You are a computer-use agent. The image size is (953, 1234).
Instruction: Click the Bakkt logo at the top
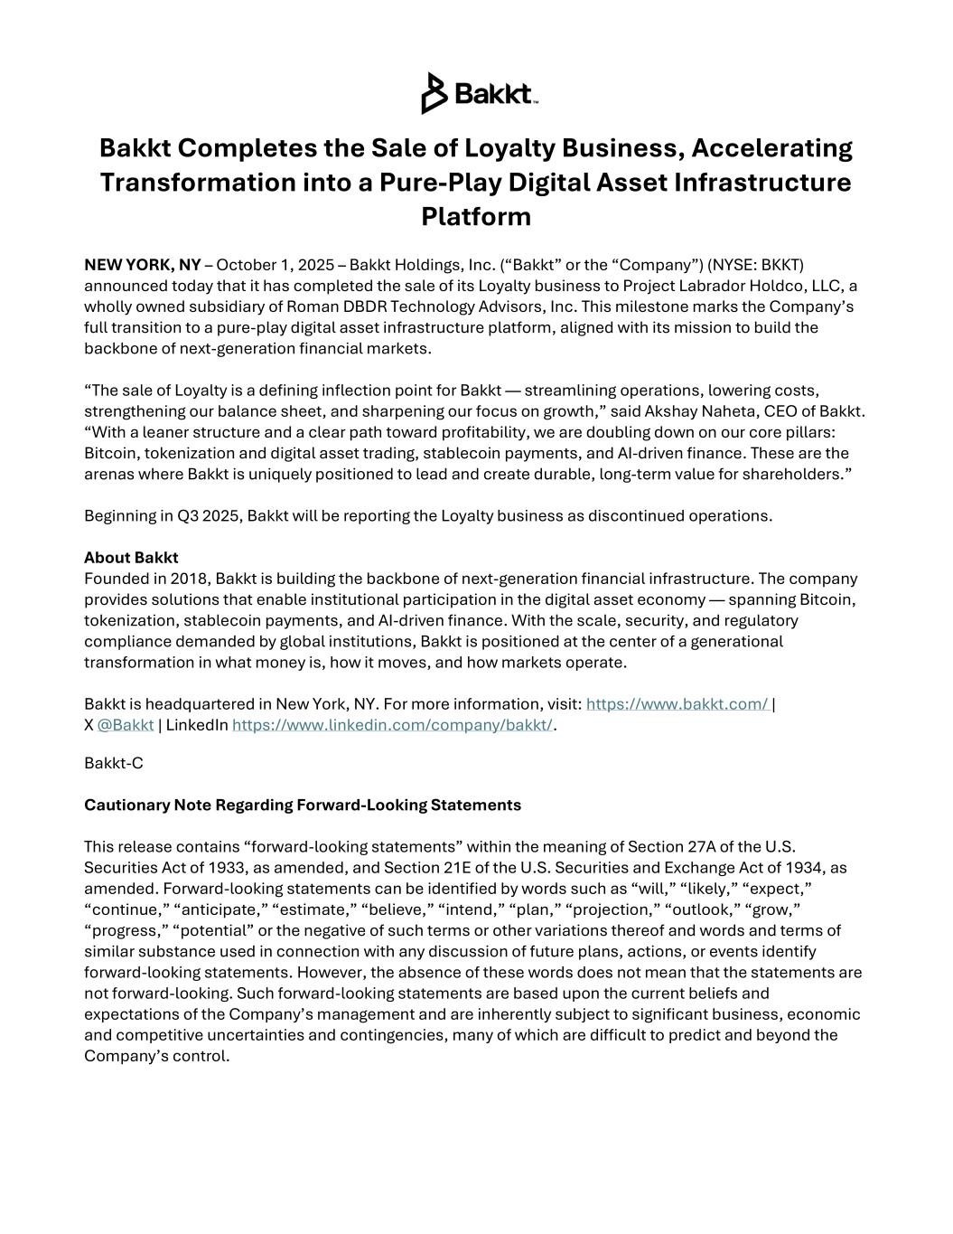point(480,93)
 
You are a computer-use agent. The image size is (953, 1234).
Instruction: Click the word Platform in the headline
point(476,217)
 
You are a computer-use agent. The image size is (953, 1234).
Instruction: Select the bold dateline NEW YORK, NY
point(143,265)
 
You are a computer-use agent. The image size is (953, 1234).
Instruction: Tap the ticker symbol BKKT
point(780,265)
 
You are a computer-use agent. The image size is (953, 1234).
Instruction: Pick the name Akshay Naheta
point(724,412)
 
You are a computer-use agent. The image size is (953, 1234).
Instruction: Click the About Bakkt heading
point(131,558)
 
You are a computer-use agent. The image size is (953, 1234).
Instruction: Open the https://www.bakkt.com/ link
point(677,704)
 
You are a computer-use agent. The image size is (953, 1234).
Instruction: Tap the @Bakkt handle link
point(126,725)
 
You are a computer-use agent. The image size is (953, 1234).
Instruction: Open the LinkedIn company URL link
point(392,725)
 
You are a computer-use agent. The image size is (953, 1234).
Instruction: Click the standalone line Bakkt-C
point(114,763)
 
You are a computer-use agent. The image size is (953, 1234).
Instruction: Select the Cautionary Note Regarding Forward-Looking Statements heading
point(303,805)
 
